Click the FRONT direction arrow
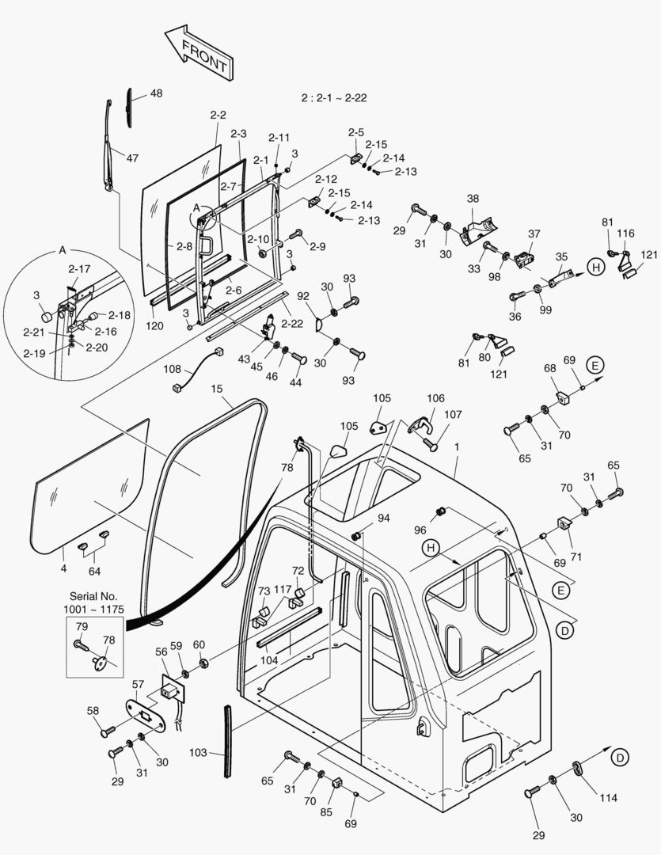(197, 53)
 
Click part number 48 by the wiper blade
(156, 93)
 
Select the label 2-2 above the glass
(218, 116)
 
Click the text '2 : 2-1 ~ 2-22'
(333, 98)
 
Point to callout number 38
(473, 199)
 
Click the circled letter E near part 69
(595, 365)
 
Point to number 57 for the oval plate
(138, 683)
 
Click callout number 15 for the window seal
(217, 389)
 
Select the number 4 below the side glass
(64, 568)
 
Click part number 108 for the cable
(172, 369)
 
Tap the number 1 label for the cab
(456, 447)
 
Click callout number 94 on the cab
(383, 519)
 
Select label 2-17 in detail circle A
(79, 269)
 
